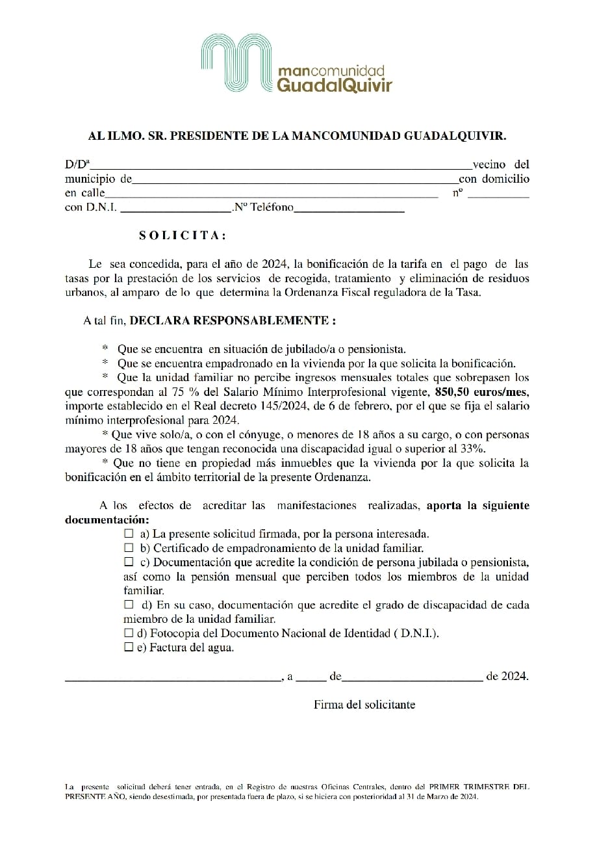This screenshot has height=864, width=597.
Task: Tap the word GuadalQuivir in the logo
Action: pyautogui.click(x=334, y=85)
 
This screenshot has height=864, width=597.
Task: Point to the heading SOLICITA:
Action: pyautogui.click(x=183, y=235)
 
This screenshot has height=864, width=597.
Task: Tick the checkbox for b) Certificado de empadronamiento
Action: pyautogui.click(x=129, y=548)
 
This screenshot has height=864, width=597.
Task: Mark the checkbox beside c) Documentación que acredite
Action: pyautogui.click(x=129, y=562)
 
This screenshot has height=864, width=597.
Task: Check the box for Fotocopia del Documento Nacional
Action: pyautogui.click(x=129, y=633)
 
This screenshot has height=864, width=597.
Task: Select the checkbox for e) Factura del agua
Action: pyautogui.click(x=129, y=648)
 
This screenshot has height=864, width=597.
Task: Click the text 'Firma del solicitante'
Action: pyautogui.click(x=364, y=705)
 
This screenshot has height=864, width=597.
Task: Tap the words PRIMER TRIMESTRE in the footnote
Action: pyautogui.click(x=466, y=787)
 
